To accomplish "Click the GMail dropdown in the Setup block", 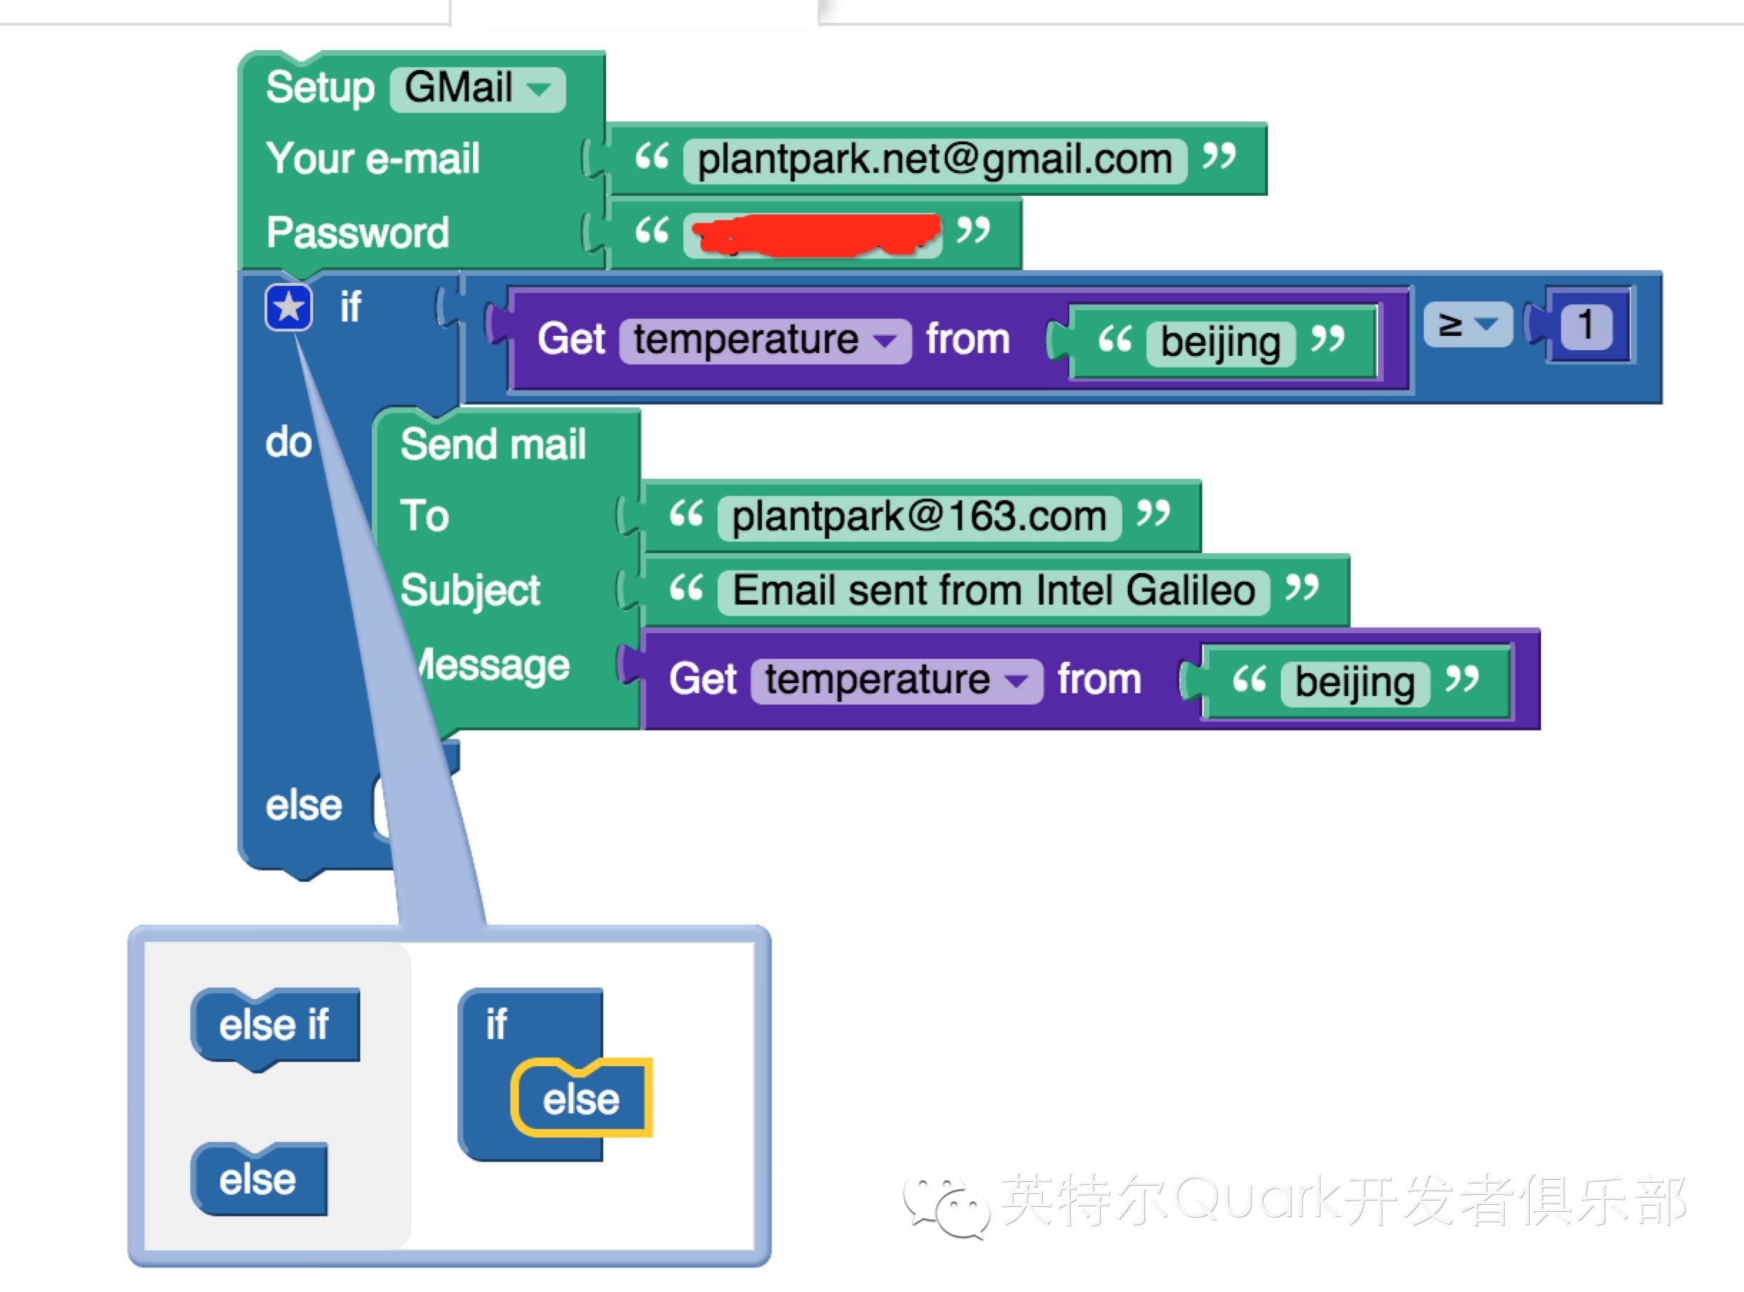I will point(476,89).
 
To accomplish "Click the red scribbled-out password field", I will point(813,233).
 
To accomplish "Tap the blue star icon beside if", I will point(289,307).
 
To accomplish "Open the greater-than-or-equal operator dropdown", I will point(1467,324).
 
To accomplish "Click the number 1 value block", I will point(1585,325).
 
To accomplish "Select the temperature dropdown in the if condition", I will point(763,341).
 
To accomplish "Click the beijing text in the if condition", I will point(1220,342).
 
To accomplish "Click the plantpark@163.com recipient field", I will point(919,517).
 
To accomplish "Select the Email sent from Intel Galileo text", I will point(994,591).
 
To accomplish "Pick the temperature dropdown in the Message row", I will point(895,680).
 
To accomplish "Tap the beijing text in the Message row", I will point(1354,682).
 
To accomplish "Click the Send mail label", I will point(492,445).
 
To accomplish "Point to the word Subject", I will point(470,590).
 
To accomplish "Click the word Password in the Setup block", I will point(357,233).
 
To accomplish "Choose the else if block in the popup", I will point(274,1025).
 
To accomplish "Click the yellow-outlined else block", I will point(581,1100).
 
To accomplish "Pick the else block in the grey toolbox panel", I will point(258,1179).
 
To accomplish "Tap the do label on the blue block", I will point(289,442).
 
